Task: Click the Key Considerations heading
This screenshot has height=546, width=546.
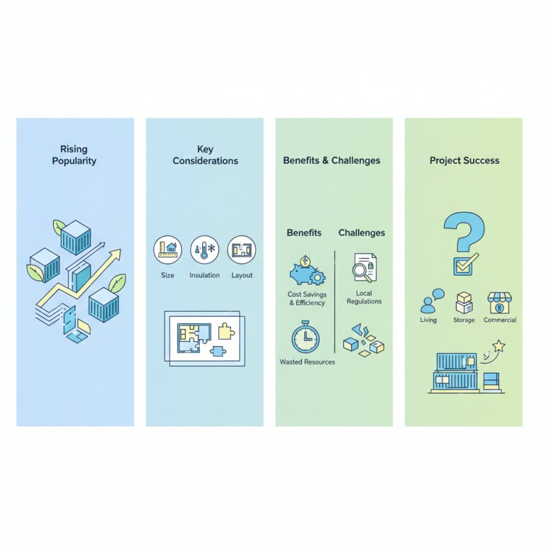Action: pyautogui.click(x=205, y=155)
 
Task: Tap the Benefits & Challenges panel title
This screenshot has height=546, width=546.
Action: pyautogui.click(x=332, y=160)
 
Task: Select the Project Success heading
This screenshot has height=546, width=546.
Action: pyautogui.click(x=464, y=160)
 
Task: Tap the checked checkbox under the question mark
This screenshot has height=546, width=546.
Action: pyautogui.click(x=463, y=264)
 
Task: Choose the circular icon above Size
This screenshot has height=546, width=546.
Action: pyautogui.click(x=168, y=250)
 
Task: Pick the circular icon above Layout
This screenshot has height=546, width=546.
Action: pyautogui.click(x=242, y=250)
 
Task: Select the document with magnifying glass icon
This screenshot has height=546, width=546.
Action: pyautogui.click(x=364, y=268)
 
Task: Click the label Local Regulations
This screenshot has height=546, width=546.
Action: pyautogui.click(x=364, y=297)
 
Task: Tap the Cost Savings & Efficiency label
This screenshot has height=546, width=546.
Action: pyautogui.click(x=306, y=298)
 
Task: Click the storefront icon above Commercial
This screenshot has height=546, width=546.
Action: pyautogui.click(x=500, y=302)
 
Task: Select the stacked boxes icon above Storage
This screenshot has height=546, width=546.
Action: pyautogui.click(x=464, y=302)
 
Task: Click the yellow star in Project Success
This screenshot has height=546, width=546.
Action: pyautogui.click(x=500, y=347)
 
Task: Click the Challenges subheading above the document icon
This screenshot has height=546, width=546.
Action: pyautogui.click(x=362, y=233)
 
